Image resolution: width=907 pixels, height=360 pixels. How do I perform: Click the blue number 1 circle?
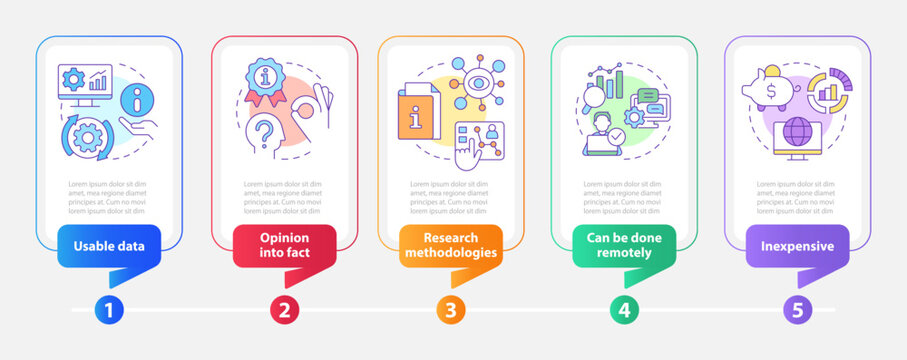109,310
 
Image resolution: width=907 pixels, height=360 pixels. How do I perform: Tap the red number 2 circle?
283,310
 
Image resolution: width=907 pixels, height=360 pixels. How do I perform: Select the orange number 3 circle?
450,310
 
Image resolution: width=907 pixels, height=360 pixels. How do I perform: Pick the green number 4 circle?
625,310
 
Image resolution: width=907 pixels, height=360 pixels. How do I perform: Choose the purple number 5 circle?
797,310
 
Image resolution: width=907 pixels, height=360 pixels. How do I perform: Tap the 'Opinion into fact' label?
283,245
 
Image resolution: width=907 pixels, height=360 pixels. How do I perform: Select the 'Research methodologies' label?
450,245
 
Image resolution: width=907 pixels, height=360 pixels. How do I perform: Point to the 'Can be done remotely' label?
625,245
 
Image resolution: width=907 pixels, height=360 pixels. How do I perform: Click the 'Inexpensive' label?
797,245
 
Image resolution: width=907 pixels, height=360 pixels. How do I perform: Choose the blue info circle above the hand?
137,100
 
